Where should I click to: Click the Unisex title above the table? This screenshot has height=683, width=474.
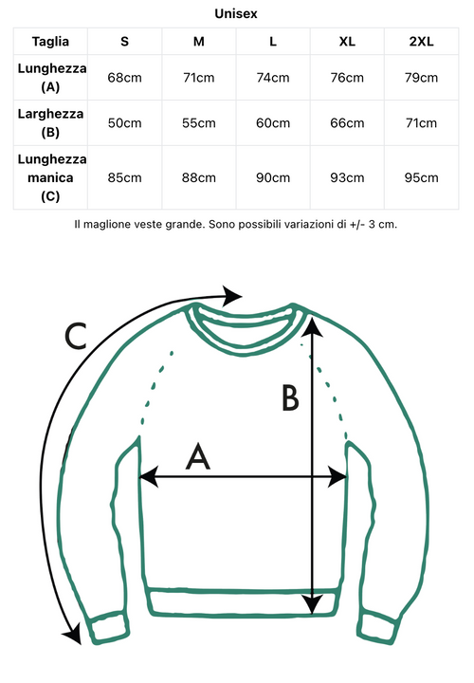tap(236, 13)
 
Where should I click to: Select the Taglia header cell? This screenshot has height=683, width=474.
tap(50, 42)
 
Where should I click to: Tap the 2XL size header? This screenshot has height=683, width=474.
tap(421, 42)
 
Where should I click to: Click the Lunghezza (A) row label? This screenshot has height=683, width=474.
tap(51, 78)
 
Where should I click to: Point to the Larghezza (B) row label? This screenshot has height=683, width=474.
tap(50, 122)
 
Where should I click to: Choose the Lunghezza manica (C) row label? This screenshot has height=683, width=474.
tap(51, 177)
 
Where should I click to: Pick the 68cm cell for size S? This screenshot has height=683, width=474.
tap(124, 78)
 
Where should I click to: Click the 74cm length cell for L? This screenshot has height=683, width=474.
tap(273, 78)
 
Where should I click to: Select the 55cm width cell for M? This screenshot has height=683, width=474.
tap(199, 122)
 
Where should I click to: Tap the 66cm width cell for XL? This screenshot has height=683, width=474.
tap(347, 122)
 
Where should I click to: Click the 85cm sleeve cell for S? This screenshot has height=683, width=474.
tap(124, 177)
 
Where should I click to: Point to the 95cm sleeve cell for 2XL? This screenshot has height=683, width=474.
tap(421, 177)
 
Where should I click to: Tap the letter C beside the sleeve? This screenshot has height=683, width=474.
tap(75, 336)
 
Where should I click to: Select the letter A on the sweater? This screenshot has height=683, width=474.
tap(198, 456)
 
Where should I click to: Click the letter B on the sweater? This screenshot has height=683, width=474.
tap(290, 397)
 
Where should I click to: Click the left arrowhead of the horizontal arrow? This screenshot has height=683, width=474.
tap(149, 476)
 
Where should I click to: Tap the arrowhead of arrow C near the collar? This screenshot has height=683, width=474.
tap(231, 296)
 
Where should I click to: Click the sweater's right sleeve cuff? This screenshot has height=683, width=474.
tap(377, 628)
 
